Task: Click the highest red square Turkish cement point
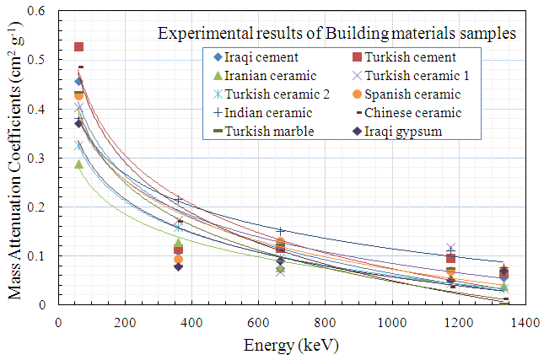pos(79,47)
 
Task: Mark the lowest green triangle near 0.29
pos(79,164)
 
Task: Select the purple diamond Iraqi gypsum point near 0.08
pos(179,266)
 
